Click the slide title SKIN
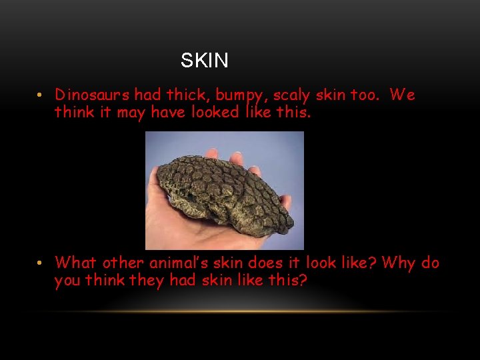205,61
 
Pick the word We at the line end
403,95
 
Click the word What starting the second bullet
77,263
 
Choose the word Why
399,263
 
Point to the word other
126,263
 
